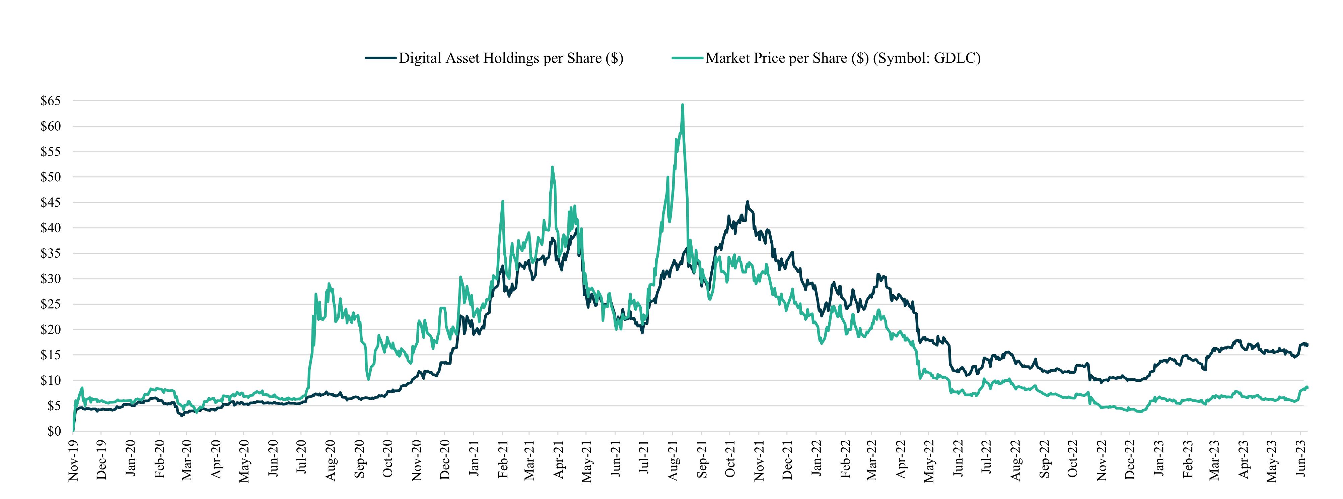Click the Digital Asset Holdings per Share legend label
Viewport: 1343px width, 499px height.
click(x=511, y=58)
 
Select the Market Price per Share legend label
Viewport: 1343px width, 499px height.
click(x=843, y=58)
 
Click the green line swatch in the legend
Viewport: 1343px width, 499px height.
click(x=688, y=58)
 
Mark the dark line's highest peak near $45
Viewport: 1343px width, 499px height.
click(x=747, y=202)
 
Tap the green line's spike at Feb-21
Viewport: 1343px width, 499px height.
click(x=502, y=201)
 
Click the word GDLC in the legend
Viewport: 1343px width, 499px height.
click(x=955, y=58)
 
